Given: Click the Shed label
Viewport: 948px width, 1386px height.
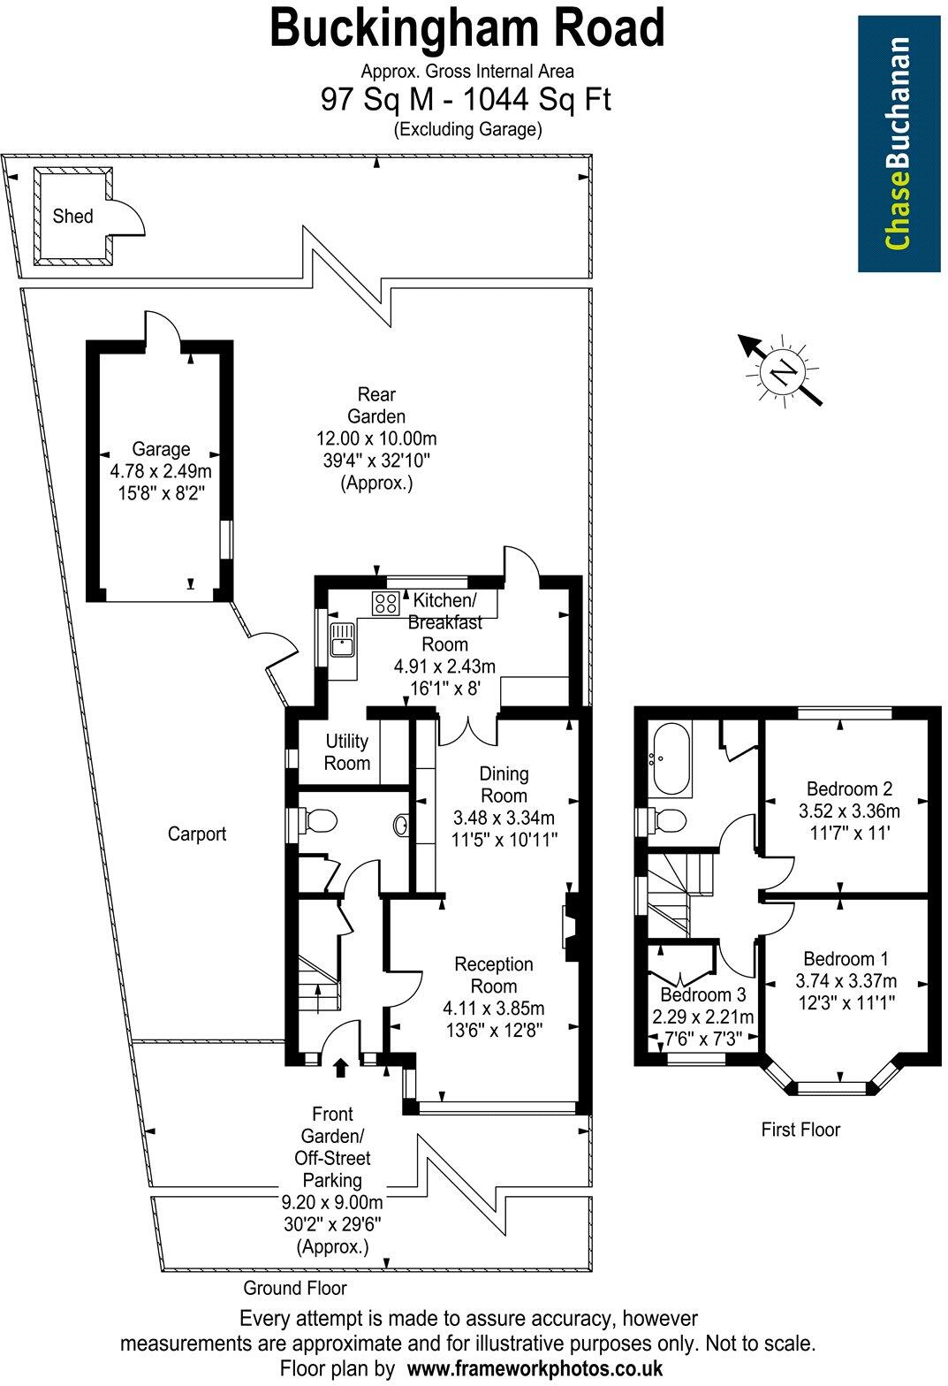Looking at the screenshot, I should coord(72,216).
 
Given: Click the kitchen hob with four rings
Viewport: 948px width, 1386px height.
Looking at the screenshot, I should coord(385,603).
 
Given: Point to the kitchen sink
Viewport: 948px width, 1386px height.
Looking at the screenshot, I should coord(341,638).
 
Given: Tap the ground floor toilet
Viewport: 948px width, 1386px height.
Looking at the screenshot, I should coord(318,821).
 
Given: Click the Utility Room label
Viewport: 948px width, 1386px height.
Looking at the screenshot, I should coord(346,751).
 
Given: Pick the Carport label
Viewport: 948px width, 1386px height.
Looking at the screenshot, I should coord(197,834).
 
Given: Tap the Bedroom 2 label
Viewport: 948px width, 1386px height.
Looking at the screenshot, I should coord(849,789).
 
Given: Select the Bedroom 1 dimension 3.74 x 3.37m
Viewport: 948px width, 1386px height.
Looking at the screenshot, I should coord(846,980).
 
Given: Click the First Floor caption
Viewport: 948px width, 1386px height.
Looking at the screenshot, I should coord(800,1129).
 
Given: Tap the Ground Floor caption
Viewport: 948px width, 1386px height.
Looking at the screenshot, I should coord(295,1288).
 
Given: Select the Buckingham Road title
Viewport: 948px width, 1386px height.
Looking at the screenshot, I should coord(466,28).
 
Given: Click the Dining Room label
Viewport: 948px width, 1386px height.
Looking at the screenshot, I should coord(504,783).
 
